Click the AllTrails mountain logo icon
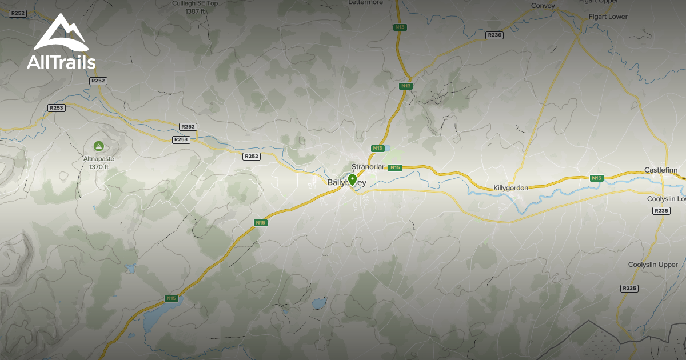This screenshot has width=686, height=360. [x=61, y=33]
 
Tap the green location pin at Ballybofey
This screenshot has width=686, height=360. [x=353, y=181]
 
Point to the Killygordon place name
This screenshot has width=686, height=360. [x=510, y=187]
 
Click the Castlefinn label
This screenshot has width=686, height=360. [x=661, y=170]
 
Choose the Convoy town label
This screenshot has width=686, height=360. [x=543, y=6]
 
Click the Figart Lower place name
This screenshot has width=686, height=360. [x=608, y=17]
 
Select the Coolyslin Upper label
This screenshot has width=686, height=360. [x=653, y=265]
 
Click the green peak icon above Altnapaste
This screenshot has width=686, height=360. [x=98, y=146]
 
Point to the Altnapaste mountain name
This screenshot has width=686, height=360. [x=98, y=159]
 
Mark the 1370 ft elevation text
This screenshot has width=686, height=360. [x=98, y=167]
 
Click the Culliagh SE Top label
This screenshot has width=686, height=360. [x=196, y=3]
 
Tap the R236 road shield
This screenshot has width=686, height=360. [x=494, y=35]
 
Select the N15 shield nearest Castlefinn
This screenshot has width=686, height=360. [x=597, y=178]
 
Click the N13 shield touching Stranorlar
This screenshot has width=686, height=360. [x=377, y=149]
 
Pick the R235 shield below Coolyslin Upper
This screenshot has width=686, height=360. [x=629, y=288]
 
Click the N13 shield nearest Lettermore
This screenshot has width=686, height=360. [x=400, y=27]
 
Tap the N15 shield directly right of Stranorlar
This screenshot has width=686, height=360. [x=394, y=167]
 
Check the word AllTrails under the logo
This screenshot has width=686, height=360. [x=61, y=62]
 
